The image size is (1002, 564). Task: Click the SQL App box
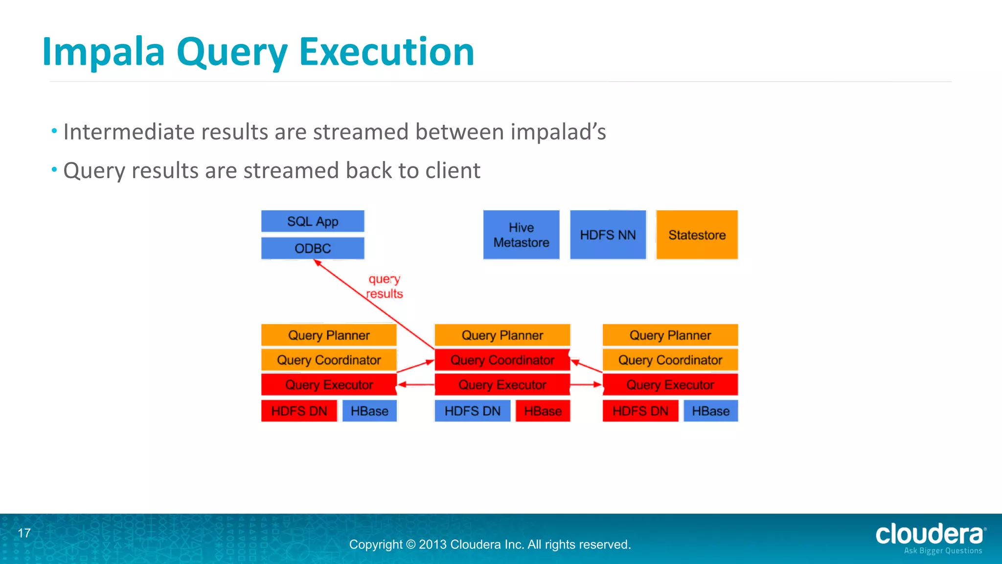313,221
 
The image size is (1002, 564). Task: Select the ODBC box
313,248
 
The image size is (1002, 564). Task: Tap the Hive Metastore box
521,235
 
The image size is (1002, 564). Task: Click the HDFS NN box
608,235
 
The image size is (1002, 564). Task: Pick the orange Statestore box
697,235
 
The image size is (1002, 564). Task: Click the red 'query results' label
385,286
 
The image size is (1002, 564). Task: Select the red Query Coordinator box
502,360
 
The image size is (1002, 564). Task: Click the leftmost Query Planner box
329,335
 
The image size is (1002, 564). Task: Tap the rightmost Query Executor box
670,385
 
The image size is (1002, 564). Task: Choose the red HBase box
543,411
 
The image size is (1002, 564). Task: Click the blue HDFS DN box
472,411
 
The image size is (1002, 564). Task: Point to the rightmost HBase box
710,411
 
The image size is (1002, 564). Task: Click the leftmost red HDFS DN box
299,411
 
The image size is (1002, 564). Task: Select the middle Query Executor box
502,385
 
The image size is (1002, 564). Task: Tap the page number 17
24,533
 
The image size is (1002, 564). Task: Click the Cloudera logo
930,537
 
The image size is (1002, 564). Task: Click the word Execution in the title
387,51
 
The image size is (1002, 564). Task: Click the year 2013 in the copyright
433,544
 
